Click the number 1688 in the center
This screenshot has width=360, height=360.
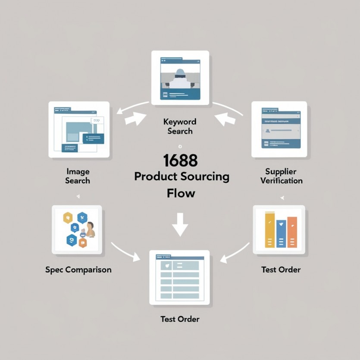[x=180, y=160]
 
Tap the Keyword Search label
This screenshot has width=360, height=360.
[x=180, y=126]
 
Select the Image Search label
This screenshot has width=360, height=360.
[x=78, y=176]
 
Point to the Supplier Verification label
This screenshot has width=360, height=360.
[x=281, y=176]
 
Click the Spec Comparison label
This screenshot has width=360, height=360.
[x=78, y=270]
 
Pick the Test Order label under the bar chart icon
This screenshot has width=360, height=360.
[x=281, y=270]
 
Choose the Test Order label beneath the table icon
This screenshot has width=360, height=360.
[x=180, y=319]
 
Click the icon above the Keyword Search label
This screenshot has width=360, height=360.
[x=180, y=78]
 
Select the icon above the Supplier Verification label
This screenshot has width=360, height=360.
[x=279, y=129]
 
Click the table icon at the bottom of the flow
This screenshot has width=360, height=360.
[x=180, y=278]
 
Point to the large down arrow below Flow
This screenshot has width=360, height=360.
[x=180, y=224]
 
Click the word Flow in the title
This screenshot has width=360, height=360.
[x=181, y=193]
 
